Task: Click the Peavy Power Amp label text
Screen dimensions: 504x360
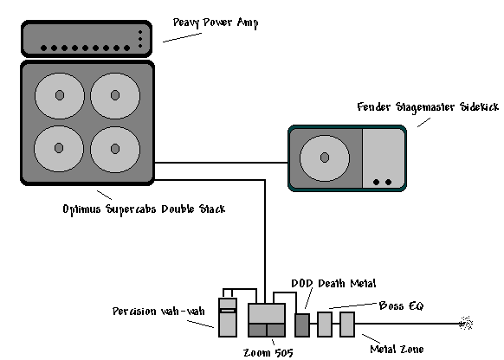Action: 216,22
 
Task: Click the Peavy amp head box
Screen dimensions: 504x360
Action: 87,39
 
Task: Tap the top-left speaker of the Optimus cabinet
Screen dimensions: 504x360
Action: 60,96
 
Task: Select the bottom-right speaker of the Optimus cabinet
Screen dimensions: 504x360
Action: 115,149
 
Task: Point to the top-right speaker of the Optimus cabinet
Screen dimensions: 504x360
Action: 115,96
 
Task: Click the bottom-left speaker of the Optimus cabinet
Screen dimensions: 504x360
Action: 59,148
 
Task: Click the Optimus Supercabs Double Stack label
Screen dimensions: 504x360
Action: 144,209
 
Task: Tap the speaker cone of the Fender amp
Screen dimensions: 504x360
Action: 325,157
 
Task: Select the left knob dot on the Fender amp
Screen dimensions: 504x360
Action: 376,182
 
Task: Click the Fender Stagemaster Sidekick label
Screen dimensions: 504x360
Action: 428,107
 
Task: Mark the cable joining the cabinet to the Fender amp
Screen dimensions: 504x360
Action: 221,163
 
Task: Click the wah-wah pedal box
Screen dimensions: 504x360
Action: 228,318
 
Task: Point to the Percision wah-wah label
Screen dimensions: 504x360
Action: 158,312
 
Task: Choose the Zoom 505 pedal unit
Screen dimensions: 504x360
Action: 267,320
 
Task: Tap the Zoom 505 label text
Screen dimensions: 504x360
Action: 268,353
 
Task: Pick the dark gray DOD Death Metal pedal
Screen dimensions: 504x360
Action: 302,325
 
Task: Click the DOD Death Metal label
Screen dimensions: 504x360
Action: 333,284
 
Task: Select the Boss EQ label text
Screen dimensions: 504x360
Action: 402,305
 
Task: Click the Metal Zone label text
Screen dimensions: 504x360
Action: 397,349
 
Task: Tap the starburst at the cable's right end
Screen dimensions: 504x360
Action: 466,324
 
